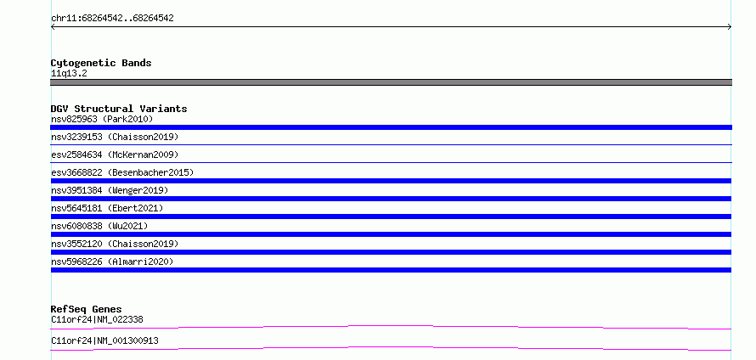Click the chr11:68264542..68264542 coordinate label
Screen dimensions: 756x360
112,19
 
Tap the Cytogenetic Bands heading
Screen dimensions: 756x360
101,63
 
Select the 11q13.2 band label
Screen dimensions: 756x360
69,73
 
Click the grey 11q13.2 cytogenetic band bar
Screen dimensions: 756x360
391,82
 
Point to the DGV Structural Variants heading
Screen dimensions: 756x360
119,109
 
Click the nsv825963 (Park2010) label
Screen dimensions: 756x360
102,119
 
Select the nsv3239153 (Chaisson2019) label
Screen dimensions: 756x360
115,137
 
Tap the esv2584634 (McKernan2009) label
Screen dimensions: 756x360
115,155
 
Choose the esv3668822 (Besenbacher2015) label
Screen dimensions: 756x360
122,172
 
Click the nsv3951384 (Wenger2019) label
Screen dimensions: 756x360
110,190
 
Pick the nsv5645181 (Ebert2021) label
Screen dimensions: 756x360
107,208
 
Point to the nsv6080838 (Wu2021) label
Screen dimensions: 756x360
99,226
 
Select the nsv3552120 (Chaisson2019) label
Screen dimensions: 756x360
115,244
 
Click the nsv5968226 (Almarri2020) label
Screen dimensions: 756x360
112,262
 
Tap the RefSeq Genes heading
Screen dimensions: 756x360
87,309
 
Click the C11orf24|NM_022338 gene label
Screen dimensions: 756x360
97,319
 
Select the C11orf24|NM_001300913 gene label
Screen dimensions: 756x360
104,340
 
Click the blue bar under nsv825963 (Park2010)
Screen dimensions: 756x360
391,127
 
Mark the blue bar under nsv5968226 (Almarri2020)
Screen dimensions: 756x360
391,270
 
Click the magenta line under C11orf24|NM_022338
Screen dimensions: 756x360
391,327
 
